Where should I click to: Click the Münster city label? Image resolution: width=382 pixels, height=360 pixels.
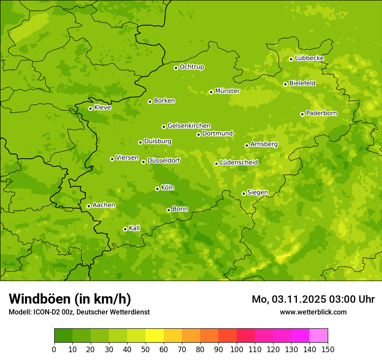coord(227,91)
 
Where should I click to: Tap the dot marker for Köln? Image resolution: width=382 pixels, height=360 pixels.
coord(157,189)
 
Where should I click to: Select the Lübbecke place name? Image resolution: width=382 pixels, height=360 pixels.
coord(310,58)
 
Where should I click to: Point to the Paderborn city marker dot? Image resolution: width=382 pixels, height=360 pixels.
coord(302,114)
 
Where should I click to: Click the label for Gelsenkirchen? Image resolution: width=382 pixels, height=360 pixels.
coord(189,126)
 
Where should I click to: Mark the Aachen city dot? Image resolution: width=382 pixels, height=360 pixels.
coord(89,206)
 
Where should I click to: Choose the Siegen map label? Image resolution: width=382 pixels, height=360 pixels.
coord(257,193)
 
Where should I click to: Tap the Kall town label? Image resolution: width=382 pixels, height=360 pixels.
coord(135,228)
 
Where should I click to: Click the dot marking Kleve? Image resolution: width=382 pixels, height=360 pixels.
coord(90,108)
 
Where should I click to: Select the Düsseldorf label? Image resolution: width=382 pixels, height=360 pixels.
coord(164,160)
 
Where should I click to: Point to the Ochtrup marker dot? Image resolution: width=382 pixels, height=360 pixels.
coord(176,68)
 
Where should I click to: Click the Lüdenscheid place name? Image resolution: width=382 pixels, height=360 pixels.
coord(239,163)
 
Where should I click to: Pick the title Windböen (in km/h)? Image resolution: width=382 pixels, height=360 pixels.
coord(70,299)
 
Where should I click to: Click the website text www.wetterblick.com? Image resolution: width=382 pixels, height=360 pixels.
coord(313,312)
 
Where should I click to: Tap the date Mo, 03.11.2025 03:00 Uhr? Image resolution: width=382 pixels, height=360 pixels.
coord(313,299)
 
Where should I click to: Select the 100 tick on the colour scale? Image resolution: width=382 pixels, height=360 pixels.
coord(237,349)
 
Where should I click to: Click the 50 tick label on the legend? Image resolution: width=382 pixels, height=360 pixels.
coord(145,349)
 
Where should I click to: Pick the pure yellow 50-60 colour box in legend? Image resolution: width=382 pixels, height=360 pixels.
coord(155,336)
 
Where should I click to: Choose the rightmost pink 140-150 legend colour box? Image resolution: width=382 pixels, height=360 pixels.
coord(319,336)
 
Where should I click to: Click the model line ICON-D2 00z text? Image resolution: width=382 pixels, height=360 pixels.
coord(79,312)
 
